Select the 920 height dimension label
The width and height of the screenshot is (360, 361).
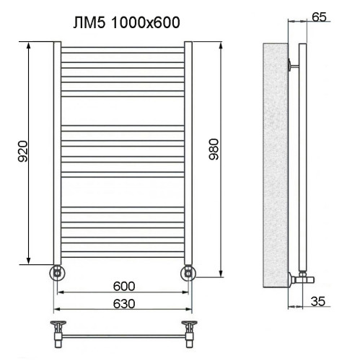coord(22,150)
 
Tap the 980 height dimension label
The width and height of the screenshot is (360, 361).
coord(212,150)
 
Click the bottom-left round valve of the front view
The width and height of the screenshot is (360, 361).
coord(58,273)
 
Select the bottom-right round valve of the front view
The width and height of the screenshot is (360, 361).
coord(188,273)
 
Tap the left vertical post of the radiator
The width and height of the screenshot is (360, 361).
coord(57,152)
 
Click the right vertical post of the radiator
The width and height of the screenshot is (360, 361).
coord(188,152)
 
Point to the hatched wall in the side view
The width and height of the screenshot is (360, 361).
coord(274,166)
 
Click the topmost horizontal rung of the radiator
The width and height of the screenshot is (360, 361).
coord(123,50)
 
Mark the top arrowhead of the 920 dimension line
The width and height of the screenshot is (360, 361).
coord(30,45)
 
